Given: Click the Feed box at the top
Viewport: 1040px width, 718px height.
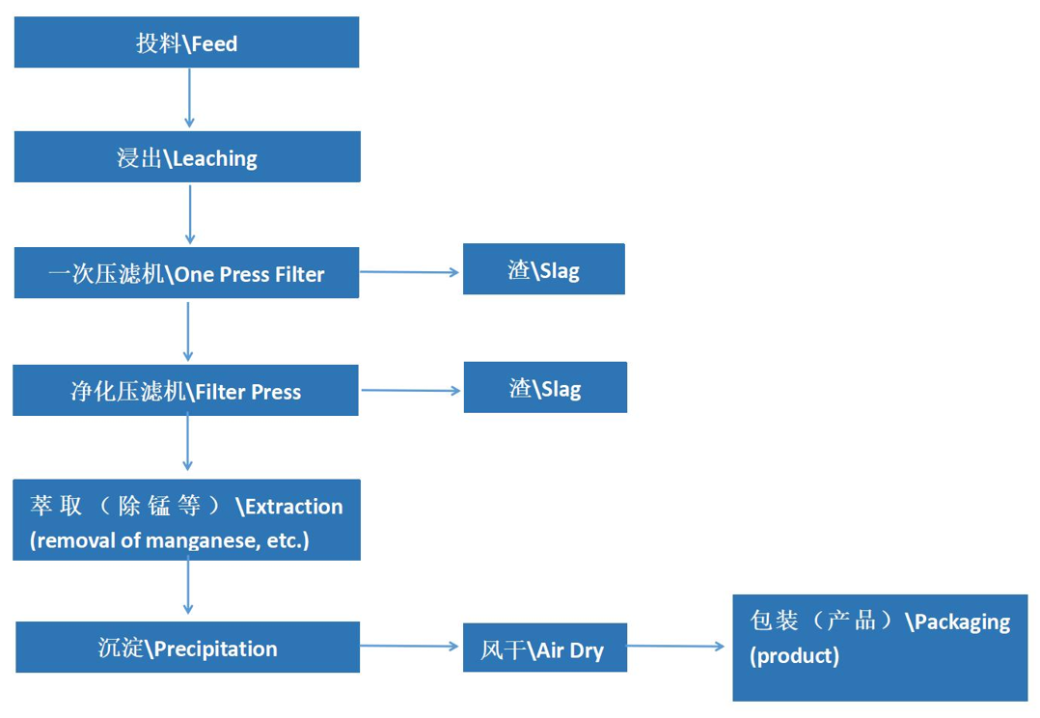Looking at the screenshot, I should tap(186, 43).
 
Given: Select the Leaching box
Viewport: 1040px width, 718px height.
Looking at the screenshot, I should tap(187, 157).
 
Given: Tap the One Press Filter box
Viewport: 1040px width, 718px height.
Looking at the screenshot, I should tap(186, 273).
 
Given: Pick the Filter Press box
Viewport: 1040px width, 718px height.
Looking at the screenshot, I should tap(185, 391).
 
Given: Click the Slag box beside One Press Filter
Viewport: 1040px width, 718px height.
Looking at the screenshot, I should tap(543, 269).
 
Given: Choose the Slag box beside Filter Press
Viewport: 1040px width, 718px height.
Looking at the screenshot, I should tap(545, 388).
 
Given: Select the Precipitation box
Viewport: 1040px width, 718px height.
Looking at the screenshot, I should tap(187, 648).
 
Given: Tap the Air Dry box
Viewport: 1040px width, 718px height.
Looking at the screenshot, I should tap(543, 649).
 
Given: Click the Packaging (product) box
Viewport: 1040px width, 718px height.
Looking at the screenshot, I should tap(880, 648).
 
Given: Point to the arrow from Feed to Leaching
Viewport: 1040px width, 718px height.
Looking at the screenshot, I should tap(189, 97).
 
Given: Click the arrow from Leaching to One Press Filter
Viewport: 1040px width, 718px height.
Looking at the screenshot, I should tap(190, 213).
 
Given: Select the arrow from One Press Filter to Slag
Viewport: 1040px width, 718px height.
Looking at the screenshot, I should tap(410, 272).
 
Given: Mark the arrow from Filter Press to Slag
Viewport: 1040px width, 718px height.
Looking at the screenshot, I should tap(411, 391).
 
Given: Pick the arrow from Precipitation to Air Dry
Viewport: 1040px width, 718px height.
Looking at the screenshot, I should tap(410, 647).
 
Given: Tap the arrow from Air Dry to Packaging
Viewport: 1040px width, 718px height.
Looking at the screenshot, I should tap(676, 647).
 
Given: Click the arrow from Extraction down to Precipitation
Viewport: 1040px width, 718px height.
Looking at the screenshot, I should tap(188, 587).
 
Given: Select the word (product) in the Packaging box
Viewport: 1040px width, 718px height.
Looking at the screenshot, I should tap(794, 656).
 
